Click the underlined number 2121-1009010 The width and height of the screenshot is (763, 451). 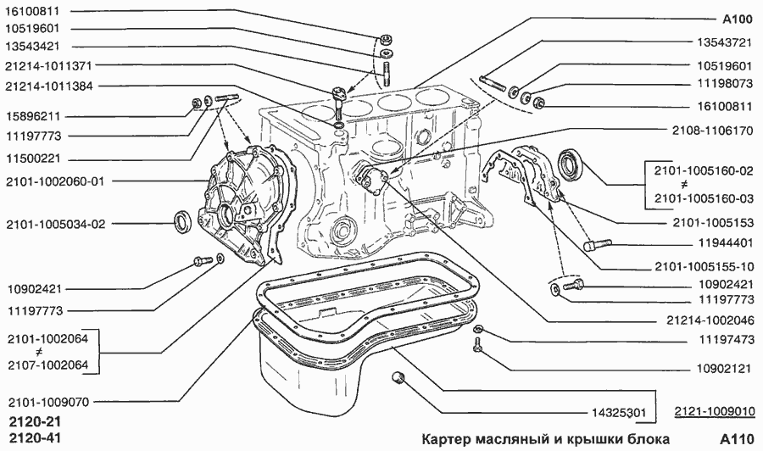[x=715, y=413]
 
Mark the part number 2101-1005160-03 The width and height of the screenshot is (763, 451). [x=703, y=200]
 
